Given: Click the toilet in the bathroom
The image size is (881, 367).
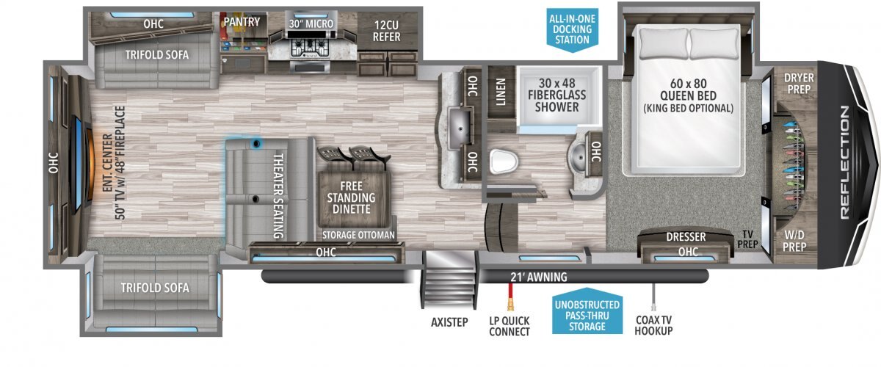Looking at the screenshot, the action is (x=504, y=161).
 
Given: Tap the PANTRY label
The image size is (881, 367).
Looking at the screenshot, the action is (x=242, y=22).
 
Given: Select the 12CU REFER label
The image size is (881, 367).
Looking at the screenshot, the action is (x=387, y=31).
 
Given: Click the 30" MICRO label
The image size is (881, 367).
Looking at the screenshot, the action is (x=311, y=24).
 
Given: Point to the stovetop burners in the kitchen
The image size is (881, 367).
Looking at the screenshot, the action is (x=310, y=47).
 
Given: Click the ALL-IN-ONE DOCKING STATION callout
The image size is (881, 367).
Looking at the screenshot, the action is (x=572, y=29).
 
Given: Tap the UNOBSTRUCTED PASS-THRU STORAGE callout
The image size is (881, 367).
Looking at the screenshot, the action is (x=587, y=315).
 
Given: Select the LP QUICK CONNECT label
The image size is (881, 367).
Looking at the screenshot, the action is (x=510, y=326).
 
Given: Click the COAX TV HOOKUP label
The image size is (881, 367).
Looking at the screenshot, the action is (x=653, y=325).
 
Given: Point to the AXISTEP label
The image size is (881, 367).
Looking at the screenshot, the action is (x=449, y=322).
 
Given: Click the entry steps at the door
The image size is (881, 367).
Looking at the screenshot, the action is (x=449, y=279).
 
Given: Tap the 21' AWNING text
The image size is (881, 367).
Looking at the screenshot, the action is (x=539, y=277).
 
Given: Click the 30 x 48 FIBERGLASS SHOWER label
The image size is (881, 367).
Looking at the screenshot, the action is (x=557, y=95).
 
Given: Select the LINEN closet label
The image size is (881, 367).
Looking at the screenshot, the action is (x=500, y=92).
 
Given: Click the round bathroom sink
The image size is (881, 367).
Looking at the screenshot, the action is (x=579, y=157).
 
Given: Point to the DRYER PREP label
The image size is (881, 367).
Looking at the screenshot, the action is (x=799, y=84).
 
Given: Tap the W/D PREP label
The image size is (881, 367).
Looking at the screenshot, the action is (x=794, y=241).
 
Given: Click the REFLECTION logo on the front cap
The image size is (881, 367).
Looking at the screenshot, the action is (x=845, y=162).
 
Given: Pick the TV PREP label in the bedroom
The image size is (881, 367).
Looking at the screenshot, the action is (x=747, y=239).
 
